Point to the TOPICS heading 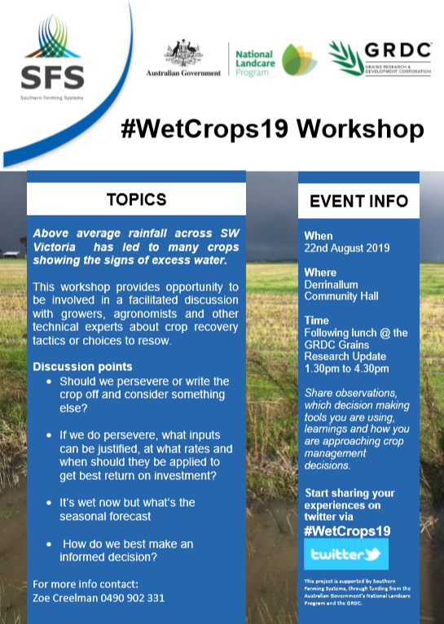(x=137, y=199)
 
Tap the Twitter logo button (x=346, y=555)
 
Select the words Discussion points (x=82, y=366)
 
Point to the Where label (x=320, y=272)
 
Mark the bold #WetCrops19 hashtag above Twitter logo (x=347, y=530)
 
